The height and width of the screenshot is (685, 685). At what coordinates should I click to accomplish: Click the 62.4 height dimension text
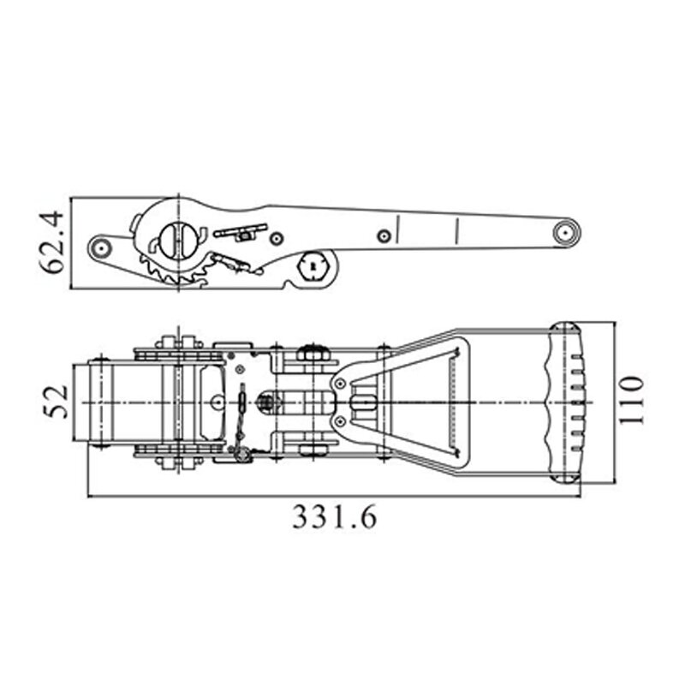(x=51, y=243)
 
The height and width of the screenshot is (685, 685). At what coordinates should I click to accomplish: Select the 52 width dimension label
(x=55, y=402)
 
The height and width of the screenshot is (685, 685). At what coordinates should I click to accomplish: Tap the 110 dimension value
(x=631, y=399)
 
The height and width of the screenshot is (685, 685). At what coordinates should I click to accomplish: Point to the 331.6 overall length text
(x=334, y=517)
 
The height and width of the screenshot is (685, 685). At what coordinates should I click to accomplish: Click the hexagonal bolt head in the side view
(x=313, y=265)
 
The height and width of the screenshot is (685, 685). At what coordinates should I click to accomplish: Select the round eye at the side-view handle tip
(x=566, y=232)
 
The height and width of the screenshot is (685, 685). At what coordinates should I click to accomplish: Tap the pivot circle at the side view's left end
(x=101, y=248)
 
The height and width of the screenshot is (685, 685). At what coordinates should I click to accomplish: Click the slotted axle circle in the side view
(x=178, y=239)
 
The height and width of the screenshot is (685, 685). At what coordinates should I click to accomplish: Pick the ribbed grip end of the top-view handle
(x=565, y=402)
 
